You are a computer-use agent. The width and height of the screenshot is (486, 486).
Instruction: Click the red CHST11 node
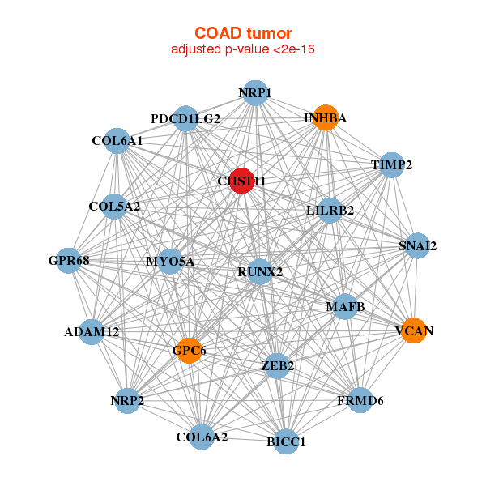pos(241,181)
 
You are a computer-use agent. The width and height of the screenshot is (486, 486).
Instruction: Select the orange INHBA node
pos(326,117)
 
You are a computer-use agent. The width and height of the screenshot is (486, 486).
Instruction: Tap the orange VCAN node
pos(414,330)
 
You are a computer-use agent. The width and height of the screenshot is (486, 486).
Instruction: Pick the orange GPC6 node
pos(189,351)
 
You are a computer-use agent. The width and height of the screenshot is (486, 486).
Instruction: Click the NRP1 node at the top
pos(255,93)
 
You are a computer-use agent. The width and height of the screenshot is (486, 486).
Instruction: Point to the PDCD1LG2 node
pos(185,118)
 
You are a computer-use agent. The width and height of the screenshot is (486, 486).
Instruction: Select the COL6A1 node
pos(117,141)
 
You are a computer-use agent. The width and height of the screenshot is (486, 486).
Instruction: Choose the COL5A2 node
pos(114,207)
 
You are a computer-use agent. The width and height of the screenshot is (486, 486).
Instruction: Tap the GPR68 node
pos(69,261)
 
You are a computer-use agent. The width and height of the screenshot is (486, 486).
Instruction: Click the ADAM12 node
pos(92,332)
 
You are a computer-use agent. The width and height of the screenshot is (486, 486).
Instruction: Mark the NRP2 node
pos(127,401)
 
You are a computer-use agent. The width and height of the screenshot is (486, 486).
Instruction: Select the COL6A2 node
pos(202,437)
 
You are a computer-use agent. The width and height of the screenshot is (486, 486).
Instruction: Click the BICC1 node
pos(286,441)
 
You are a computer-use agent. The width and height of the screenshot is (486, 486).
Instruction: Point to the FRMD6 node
pos(360,400)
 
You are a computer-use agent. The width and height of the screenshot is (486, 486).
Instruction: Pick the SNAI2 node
pos(417,245)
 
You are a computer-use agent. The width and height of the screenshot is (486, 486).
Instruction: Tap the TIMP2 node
pos(392,165)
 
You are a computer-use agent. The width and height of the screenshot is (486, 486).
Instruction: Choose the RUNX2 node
pos(260,272)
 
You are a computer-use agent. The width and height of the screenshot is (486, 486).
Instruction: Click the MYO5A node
pos(170,262)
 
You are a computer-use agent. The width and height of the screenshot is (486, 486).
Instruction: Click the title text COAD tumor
pos(243,33)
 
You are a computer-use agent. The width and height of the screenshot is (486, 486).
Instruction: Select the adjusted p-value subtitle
pos(243,49)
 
